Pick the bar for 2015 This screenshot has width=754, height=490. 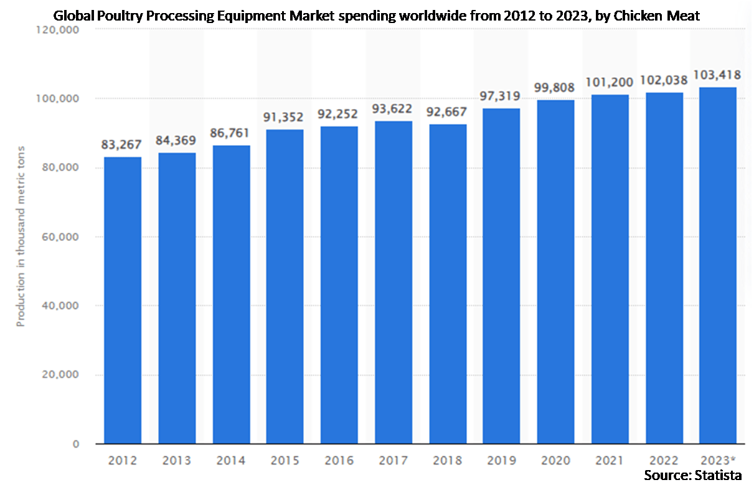coord(285,286)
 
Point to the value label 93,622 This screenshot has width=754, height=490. coord(393,109)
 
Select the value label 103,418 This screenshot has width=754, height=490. coord(718,75)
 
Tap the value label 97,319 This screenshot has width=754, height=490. coord(501,97)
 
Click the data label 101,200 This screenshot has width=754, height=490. coord(610,82)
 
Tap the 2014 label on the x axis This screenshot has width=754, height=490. coord(231,461)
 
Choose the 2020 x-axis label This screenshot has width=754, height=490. coord(555,461)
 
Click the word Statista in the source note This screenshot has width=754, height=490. coord(720,476)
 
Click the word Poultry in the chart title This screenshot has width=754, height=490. coord(121,16)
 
